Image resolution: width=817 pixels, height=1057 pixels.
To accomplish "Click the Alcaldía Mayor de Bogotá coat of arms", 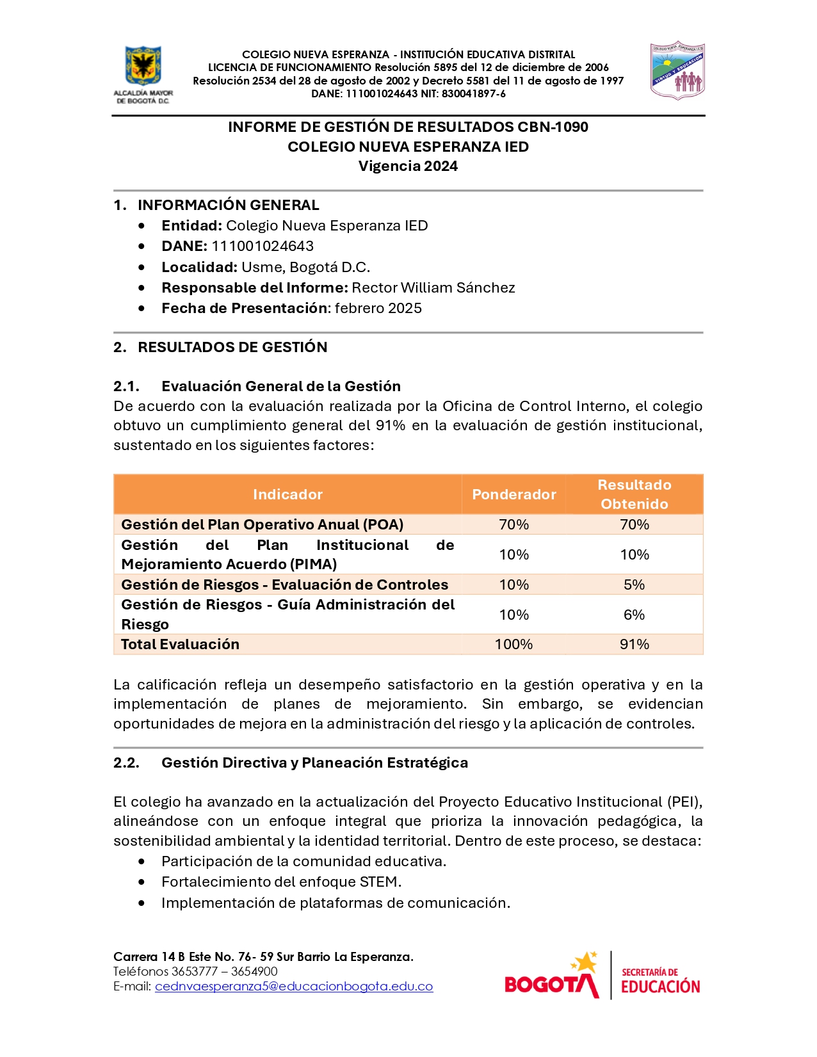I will click(x=143, y=67).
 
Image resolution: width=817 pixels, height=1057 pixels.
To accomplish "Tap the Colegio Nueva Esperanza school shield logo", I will click(x=677, y=70).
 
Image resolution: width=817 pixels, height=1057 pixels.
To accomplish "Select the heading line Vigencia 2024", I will click(x=408, y=166).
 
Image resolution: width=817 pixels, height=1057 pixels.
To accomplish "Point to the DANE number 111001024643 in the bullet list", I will click(x=263, y=246).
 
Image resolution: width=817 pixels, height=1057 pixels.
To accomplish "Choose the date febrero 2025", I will click(x=378, y=308).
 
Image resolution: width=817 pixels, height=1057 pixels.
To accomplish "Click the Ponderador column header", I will click(x=514, y=494).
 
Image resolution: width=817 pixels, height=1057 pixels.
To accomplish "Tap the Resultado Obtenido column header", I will click(x=634, y=494).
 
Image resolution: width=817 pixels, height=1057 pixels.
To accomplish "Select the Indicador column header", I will click(x=287, y=494).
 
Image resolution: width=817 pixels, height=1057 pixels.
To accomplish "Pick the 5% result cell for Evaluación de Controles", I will click(x=634, y=585).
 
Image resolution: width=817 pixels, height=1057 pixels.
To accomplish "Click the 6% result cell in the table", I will click(x=634, y=615).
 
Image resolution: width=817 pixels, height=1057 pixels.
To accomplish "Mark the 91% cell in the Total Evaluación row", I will click(x=634, y=644).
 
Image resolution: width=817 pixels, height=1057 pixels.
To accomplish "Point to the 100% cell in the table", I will click(x=514, y=644).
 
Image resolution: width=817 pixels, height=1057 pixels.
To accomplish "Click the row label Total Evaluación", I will click(x=180, y=644).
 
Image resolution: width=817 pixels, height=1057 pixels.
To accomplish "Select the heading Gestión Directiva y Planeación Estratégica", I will click(x=314, y=762).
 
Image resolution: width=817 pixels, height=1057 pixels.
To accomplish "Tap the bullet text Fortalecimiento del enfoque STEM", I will click(x=281, y=882).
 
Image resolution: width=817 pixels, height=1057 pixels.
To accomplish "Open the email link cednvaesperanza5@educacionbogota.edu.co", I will click(x=294, y=987).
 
